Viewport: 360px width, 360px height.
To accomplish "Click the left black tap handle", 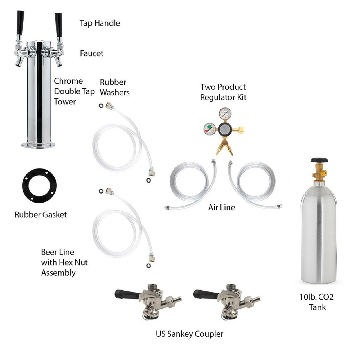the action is pos(20,22).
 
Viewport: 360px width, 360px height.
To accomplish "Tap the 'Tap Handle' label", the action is pos(100,23).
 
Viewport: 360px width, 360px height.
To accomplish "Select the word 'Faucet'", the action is pos(91,53).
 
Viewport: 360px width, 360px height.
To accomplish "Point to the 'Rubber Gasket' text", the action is pos(40,215).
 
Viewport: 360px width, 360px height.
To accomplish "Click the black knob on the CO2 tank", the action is pos(319,160).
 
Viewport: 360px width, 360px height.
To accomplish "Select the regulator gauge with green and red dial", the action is pos(210,129).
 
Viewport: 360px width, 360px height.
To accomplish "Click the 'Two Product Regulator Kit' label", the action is pos(223,92).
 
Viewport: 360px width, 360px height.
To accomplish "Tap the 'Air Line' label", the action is pos(222,208).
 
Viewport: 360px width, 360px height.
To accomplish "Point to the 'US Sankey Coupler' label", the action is pos(190,334).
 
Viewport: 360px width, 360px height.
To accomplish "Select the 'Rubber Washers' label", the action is pos(115,87).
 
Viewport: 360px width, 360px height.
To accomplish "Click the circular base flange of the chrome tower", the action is pos(38,145).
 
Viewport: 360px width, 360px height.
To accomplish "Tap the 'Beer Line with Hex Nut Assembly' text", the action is pos(64,262).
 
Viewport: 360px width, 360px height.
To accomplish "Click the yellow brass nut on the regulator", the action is pos(241,129).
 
